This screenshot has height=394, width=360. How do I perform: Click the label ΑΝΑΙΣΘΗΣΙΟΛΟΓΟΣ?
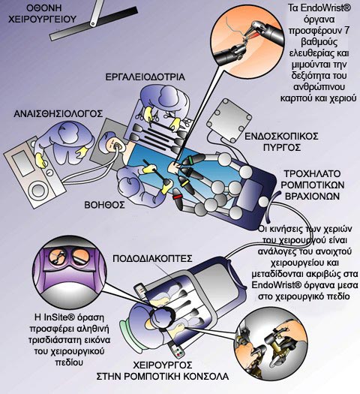58,114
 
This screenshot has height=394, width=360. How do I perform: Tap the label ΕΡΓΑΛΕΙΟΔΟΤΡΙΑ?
145,77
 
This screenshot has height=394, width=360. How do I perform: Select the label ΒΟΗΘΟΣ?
104,205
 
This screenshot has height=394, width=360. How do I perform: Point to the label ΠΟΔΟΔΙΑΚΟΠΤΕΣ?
152,259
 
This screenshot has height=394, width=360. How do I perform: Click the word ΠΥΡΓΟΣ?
282,147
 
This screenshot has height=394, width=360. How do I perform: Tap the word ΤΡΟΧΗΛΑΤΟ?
312,174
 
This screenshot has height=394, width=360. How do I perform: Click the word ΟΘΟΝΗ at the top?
44,8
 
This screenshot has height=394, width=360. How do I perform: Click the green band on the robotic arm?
190,160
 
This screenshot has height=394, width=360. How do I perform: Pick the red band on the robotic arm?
178,196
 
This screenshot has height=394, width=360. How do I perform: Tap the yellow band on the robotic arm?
184,183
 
